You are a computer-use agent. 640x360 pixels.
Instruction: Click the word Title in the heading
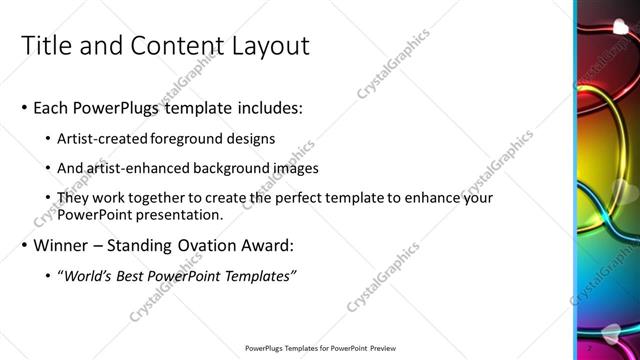(47, 46)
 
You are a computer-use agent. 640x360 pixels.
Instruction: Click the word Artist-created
(105, 138)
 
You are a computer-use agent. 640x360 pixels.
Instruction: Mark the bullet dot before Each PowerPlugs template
(25, 107)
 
